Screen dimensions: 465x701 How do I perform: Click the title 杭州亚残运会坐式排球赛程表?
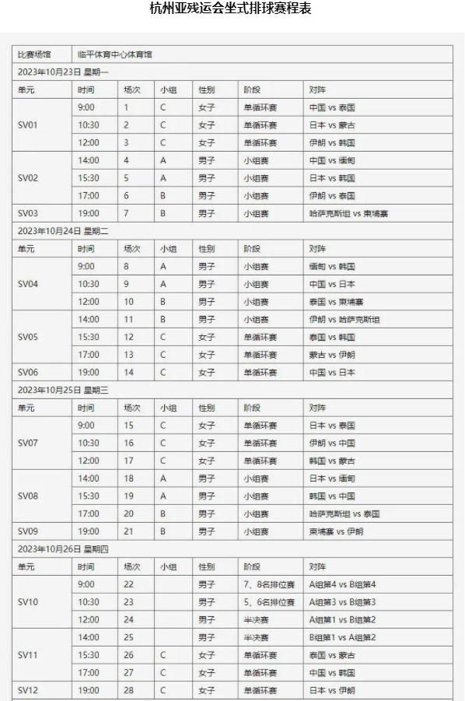tap(232, 9)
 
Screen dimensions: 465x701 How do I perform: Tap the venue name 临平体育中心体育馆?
tap(115, 54)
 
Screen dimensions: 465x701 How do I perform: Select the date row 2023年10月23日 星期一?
tap(64, 72)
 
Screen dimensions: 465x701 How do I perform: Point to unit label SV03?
tap(28, 213)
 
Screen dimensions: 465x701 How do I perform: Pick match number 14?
tap(129, 373)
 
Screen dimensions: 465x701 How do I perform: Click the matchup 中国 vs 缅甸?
tap(332, 160)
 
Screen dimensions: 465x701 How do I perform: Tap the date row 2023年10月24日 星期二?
tap(64, 231)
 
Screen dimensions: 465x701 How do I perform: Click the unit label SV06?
tap(28, 373)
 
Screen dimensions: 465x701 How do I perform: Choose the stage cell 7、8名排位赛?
tap(269, 584)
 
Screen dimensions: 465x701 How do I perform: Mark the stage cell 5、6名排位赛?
tap(269, 602)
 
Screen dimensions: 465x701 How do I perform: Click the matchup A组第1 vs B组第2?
tap(343, 620)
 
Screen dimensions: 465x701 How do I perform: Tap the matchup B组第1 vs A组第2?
tap(343, 638)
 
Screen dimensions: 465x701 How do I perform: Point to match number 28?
tap(129, 690)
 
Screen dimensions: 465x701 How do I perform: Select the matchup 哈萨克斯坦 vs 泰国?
tap(344, 514)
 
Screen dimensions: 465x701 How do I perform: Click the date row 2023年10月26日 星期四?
tap(64, 549)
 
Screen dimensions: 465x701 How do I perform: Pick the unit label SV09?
tap(28, 531)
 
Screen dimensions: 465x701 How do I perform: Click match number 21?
tap(129, 531)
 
